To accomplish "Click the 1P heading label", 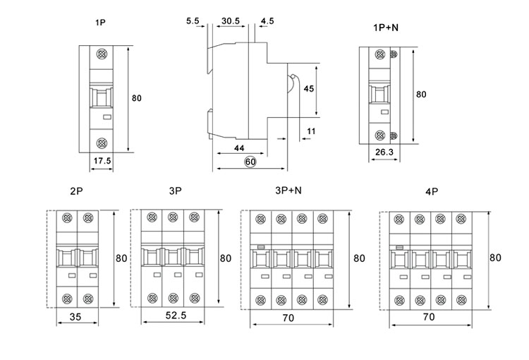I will [x=102, y=24].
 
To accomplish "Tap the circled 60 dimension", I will [x=250, y=162].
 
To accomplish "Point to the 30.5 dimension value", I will [x=229, y=22].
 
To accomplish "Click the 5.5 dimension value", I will [x=193, y=22].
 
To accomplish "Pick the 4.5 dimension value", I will [x=267, y=22].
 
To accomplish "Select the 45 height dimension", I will [x=308, y=90].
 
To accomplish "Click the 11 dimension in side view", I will [x=312, y=131].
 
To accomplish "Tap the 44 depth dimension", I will [x=239, y=149].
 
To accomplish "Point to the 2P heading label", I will [x=78, y=191].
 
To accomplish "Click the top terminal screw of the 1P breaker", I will [x=102, y=54].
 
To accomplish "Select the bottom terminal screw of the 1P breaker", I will [x=102, y=142].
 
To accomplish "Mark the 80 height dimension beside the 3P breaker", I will [x=226, y=258].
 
